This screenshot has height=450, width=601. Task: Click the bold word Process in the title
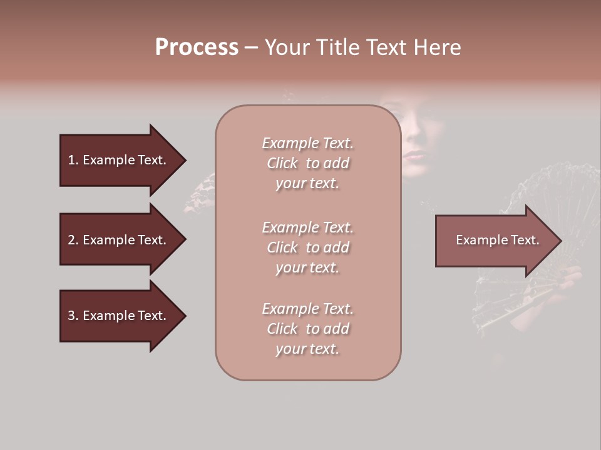pos(197,47)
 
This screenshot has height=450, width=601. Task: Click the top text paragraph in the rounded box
pos(307,163)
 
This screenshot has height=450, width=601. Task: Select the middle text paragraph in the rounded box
pos(307,247)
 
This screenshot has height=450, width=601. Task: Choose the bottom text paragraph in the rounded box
pos(307,329)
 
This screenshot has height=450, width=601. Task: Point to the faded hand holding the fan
pos(571,279)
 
